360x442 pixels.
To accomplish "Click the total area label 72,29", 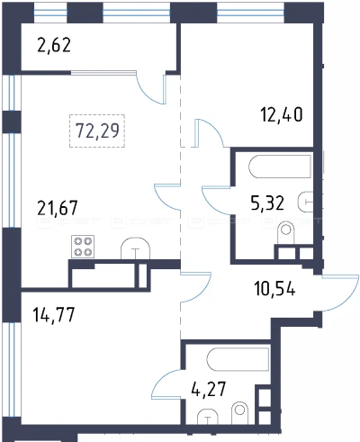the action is pyautogui.click(x=97, y=131).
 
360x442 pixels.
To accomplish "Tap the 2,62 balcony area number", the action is pyautogui.click(x=54, y=45).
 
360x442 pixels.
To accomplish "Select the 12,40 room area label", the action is pyautogui.click(x=282, y=114).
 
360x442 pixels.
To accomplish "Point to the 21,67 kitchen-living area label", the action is pyautogui.click(x=58, y=208).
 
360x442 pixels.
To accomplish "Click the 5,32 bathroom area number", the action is pyautogui.click(x=267, y=203).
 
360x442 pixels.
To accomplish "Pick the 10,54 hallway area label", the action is pyautogui.click(x=274, y=288).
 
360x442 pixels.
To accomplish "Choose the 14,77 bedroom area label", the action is pyautogui.click(x=54, y=314).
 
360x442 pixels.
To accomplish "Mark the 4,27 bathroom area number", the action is pyautogui.click(x=208, y=389).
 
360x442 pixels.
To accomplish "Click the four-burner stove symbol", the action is pyautogui.click(x=83, y=247).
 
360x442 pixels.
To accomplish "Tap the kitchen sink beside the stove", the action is pyautogui.click(x=135, y=248).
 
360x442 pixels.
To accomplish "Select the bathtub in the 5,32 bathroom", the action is pyautogui.click(x=280, y=167).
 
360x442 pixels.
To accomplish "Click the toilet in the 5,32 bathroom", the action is pyautogui.click(x=286, y=233).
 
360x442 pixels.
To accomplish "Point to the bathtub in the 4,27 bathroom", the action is pyautogui.click(x=238, y=359).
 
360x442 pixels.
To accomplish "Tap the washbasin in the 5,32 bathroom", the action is pyautogui.click(x=305, y=202).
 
